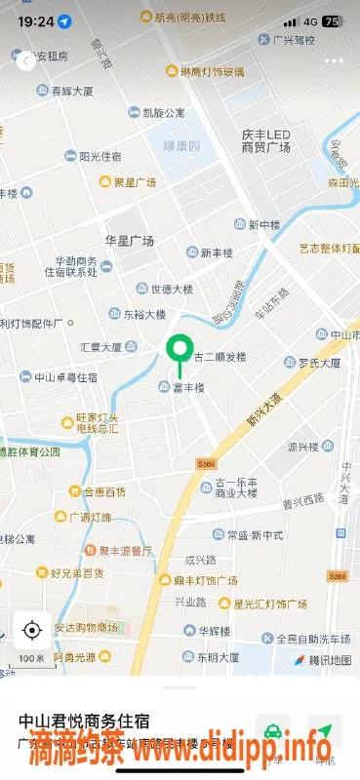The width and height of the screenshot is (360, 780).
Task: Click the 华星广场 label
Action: click(x=130, y=240)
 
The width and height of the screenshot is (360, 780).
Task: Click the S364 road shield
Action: click(x=204, y=464)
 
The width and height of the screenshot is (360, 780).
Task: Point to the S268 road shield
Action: click(x=338, y=577)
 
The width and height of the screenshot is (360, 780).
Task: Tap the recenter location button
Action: click(x=31, y=630)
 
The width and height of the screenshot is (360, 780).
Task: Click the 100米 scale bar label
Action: click(x=31, y=659)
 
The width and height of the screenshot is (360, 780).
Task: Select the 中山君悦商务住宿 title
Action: click(x=84, y=721)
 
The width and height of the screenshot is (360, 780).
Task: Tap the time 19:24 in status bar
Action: click(x=35, y=20)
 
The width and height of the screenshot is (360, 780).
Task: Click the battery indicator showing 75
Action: click(x=332, y=20)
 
